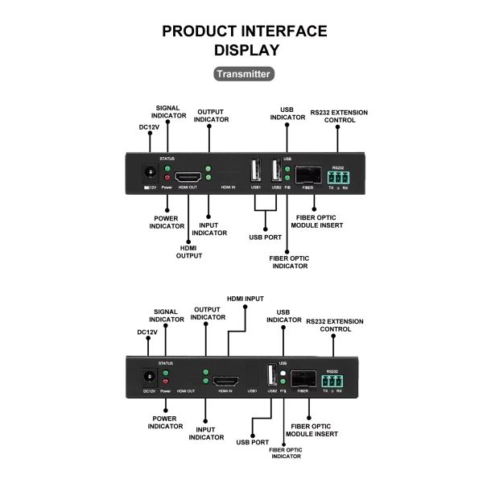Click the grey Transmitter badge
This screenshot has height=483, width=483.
tap(244, 73)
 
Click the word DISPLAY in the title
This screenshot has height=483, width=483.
tap(247, 49)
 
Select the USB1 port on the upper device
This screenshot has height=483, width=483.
tap(256, 171)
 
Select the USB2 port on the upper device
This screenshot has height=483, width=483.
tap(275, 171)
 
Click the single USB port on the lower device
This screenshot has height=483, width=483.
tap(271, 376)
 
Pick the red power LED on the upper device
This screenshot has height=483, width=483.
tap(167, 177)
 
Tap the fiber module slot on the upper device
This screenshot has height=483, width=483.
tap(307, 174)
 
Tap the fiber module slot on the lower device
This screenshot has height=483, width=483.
tap(303, 378)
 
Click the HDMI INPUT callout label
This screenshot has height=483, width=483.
tap(245, 299)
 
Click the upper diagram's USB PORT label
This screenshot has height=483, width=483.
tap(265, 237)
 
